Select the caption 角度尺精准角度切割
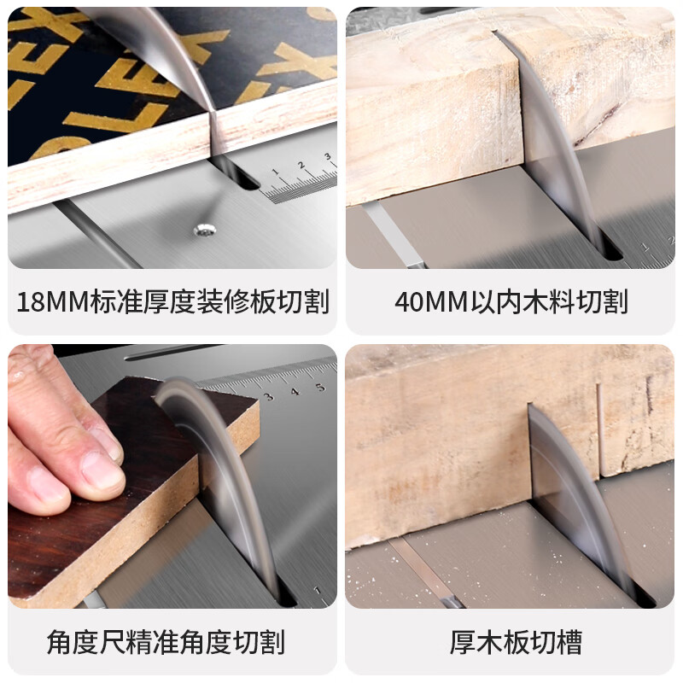pyautogui.click(x=166, y=642)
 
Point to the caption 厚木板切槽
pyautogui.click(x=510, y=642)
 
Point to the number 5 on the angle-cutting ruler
pyautogui.click(x=320, y=387)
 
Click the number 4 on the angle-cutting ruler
pyautogui.click(x=295, y=392)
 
